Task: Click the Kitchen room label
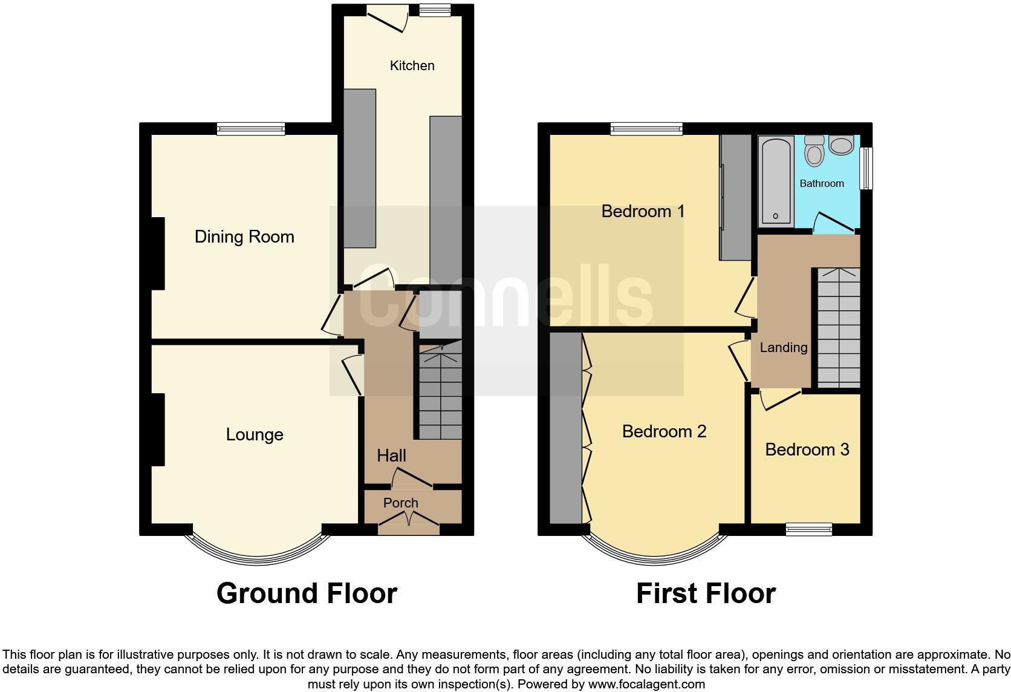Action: click(x=412, y=65)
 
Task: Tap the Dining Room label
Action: click(x=244, y=237)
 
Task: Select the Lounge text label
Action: click(x=255, y=434)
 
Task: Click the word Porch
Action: click(x=400, y=503)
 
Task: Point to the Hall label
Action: click(x=391, y=455)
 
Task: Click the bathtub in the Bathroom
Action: click(x=776, y=180)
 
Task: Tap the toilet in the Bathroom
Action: click(x=814, y=151)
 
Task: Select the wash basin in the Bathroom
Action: click(x=841, y=144)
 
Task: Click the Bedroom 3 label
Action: click(x=807, y=449)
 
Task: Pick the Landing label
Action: click(x=783, y=347)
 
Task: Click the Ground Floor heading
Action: click(x=307, y=593)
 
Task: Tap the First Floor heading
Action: click(x=706, y=593)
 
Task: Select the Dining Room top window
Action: click(x=251, y=128)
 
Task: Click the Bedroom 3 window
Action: click(x=808, y=529)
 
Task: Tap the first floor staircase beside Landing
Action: click(x=839, y=327)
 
